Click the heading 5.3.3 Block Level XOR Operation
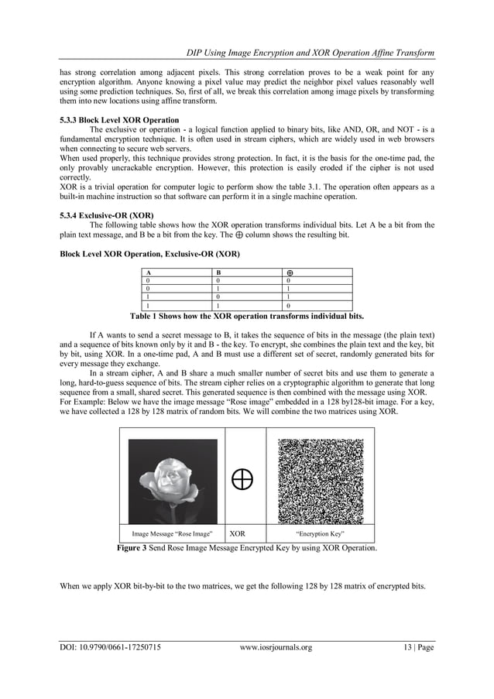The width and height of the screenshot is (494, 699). pos(119,121)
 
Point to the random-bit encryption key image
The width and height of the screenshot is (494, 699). pos(320,481)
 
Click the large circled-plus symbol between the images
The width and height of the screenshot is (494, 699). pos(243,481)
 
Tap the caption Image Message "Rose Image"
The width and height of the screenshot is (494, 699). pos(173,534)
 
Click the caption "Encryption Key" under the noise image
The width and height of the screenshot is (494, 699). pos(320,534)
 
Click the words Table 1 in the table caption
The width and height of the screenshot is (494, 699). pos(146,317)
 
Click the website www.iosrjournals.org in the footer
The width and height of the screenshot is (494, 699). pos(276,647)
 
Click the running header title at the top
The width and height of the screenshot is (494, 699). pos(310,53)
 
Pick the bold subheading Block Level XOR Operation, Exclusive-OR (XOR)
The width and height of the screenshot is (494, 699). pos(149,254)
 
